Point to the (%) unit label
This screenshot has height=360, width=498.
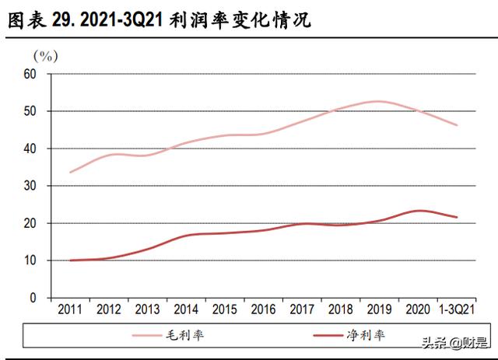point(45,55)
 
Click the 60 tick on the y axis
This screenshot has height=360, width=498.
point(30,74)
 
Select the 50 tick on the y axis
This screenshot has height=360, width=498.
point(30,111)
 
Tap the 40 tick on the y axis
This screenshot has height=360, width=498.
point(30,149)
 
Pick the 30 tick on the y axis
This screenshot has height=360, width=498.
point(30,186)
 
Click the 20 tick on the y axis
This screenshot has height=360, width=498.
point(30,223)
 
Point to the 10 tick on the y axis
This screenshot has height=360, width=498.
point(30,260)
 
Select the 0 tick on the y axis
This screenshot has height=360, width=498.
point(33,298)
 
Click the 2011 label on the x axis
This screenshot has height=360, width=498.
point(71,309)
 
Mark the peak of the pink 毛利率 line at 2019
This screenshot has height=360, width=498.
point(379,101)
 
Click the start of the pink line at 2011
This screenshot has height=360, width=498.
point(71,172)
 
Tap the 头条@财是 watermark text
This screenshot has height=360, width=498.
point(454,343)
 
